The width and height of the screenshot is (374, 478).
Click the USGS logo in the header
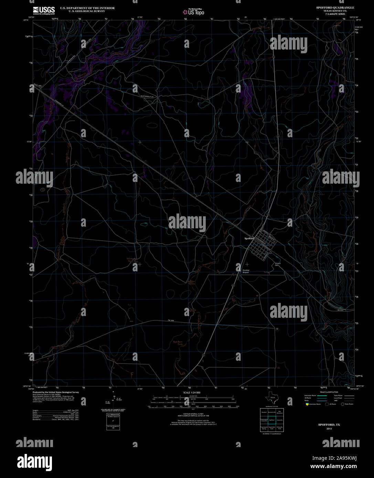(x=44, y=10)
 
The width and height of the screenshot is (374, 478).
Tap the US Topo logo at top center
(x=193, y=12)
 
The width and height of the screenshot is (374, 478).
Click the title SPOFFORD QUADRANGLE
(x=335, y=7)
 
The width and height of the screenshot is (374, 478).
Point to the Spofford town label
(x=249, y=238)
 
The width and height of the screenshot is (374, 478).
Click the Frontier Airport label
(x=246, y=271)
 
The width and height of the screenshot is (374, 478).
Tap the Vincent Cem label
(x=278, y=264)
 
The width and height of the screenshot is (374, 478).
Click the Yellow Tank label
(x=130, y=260)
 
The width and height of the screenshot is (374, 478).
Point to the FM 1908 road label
(x=171, y=321)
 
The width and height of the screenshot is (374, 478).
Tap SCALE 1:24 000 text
(x=192, y=392)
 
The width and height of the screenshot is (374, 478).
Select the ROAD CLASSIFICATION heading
(x=329, y=392)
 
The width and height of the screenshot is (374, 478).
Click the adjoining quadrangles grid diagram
(x=272, y=420)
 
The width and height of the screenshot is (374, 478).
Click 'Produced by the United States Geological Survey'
(x=56, y=392)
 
